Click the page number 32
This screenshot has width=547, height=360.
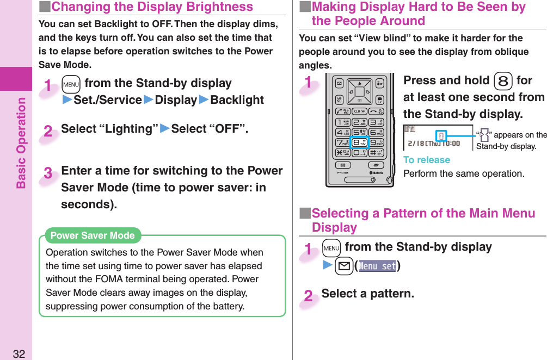[19, 354]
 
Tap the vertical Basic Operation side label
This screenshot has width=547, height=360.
[21, 142]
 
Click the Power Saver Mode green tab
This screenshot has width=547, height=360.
[92, 235]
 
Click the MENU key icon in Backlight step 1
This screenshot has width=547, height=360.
[71, 84]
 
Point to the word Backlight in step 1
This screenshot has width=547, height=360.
[237, 100]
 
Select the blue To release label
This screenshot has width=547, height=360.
[426, 160]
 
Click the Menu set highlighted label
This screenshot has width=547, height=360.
[377, 266]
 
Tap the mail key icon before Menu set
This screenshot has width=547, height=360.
[343, 266]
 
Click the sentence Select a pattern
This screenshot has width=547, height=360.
[367, 294]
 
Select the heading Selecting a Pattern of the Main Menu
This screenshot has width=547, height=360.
[423, 214]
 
